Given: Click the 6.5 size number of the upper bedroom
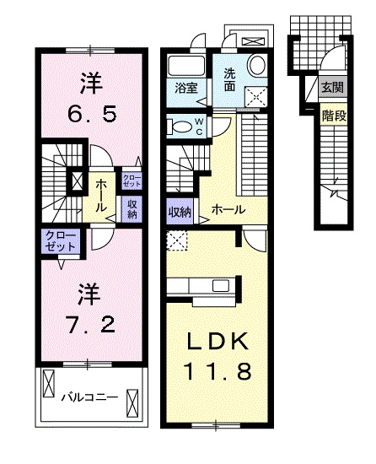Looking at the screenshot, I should coord(90,110).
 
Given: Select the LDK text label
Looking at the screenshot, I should coord(217,342).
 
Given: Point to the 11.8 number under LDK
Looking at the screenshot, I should coord(217,371).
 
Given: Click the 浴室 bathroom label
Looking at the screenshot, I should coord(185,87).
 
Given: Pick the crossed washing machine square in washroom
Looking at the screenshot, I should coord(255,95).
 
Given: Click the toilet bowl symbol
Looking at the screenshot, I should coord(180,127).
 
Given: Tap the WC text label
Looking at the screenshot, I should coord(200,127).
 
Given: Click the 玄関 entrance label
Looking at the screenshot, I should coord(331,88).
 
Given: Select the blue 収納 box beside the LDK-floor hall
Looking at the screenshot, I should coord(179,211).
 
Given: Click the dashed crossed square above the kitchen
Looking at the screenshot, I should coord(178,240).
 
